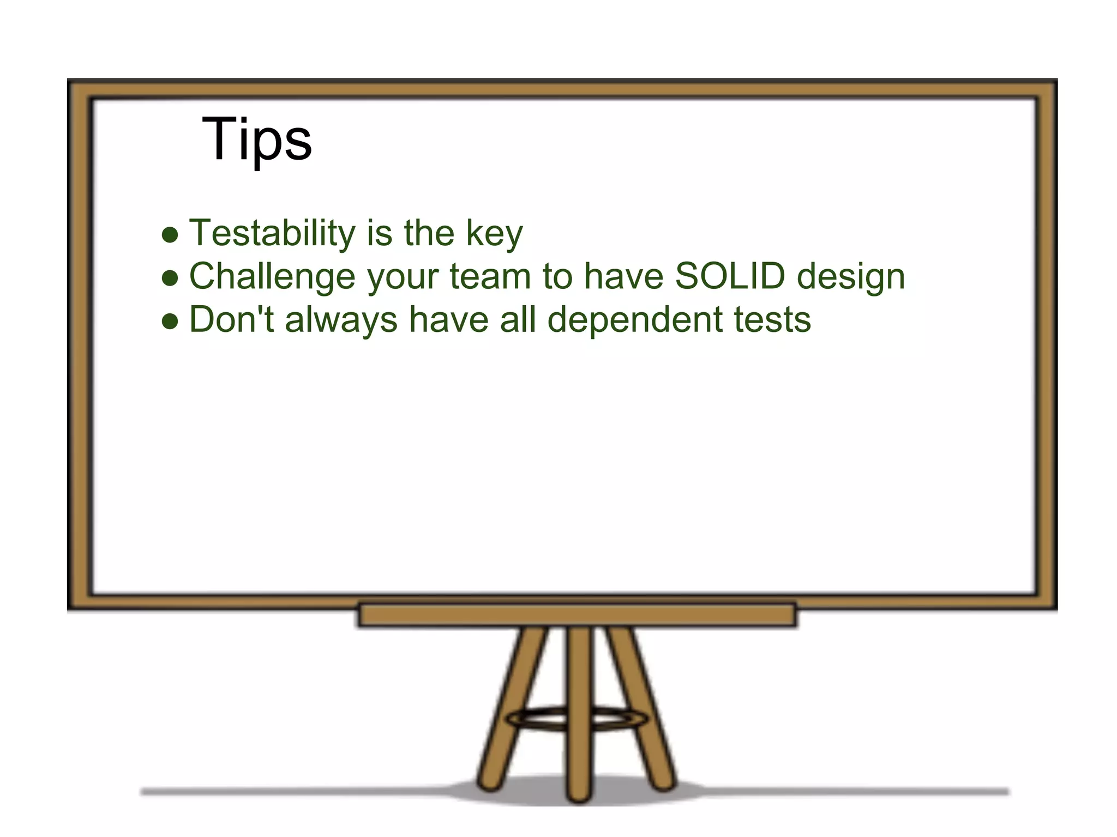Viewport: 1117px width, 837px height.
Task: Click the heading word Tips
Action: pos(256,139)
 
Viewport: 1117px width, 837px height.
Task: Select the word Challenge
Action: pos(272,276)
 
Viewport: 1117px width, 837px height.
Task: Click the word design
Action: pos(850,277)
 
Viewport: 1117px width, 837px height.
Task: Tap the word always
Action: pos(341,320)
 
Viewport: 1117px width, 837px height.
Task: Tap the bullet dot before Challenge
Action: pos(170,278)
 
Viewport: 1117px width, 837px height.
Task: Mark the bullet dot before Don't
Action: pos(170,322)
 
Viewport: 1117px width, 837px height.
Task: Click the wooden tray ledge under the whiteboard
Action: pos(577,615)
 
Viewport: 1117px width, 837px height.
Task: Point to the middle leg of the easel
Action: pos(578,708)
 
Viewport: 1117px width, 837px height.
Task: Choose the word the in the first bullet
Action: pos(429,233)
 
